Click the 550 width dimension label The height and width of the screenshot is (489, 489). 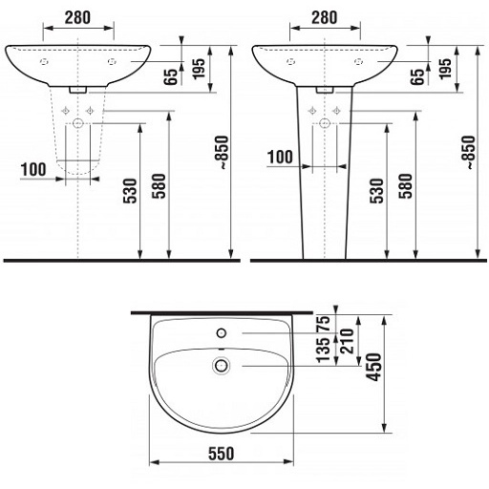click(x=221, y=453)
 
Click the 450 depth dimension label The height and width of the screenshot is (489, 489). click(x=373, y=367)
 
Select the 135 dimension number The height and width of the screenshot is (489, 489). click(x=324, y=350)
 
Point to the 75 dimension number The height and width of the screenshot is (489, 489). click(x=324, y=325)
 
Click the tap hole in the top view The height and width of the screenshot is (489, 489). click(x=222, y=333)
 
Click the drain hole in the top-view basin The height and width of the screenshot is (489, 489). click(x=222, y=365)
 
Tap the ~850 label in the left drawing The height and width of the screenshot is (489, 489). click(x=222, y=153)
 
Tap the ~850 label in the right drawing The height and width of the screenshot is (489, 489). click(x=468, y=153)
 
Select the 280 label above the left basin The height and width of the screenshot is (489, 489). click(x=77, y=18)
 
